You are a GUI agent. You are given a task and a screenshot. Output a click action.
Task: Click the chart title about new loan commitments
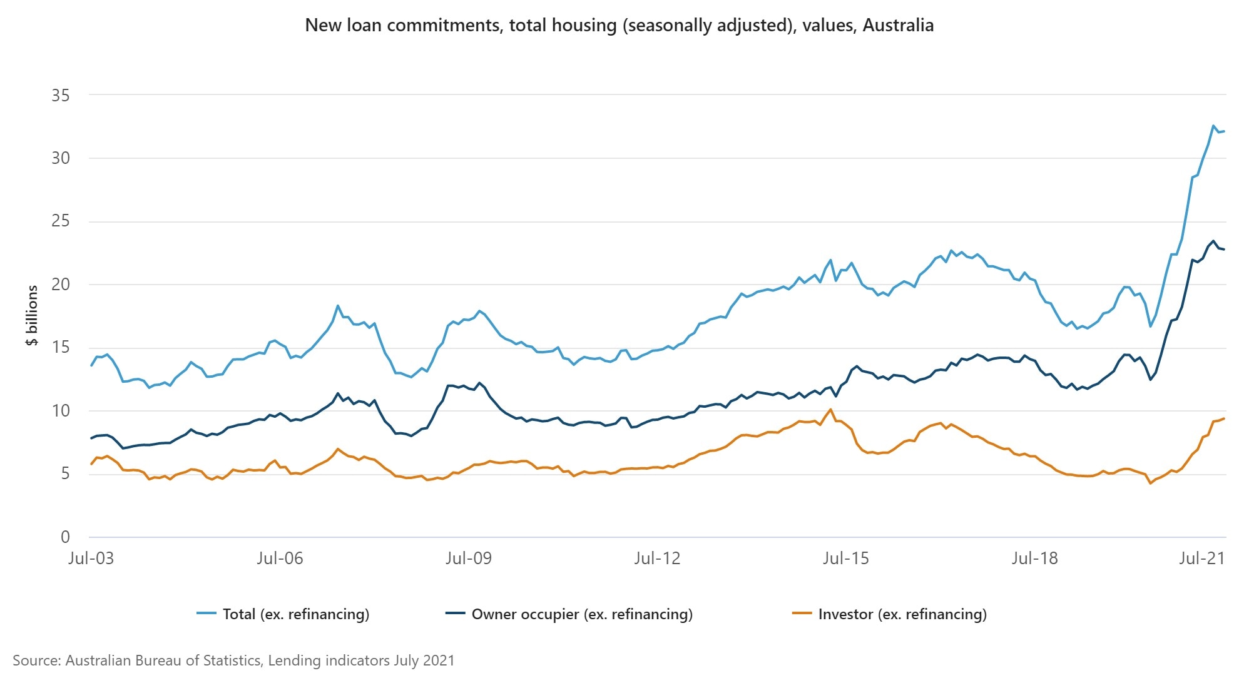[x=619, y=26]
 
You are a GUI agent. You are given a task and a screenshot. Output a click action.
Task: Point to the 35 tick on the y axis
[x=61, y=96]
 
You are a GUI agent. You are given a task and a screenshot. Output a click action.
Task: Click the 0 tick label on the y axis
[x=65, y=537]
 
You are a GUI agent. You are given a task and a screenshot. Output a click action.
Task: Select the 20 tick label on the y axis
[x=61, y=285]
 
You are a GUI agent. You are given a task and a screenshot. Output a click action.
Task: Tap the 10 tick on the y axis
[x=61, y=411]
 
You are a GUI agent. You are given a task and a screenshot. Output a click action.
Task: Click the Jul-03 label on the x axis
[x=91, y=558]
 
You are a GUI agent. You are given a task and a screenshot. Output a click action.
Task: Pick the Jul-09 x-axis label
[x=468, y=558]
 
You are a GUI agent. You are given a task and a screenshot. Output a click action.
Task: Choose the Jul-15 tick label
[x=845, y=558]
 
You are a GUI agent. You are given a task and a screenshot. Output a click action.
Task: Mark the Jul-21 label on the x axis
[x=1201, y=558]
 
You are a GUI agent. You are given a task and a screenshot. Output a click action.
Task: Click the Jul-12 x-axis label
[x=656, y=558]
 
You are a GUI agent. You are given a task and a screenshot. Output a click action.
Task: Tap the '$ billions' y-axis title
[x=32, y=315]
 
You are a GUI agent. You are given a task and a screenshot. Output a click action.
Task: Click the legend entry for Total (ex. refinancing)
[x=295, y=614]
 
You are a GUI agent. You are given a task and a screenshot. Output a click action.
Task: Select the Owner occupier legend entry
[x=581, y=614]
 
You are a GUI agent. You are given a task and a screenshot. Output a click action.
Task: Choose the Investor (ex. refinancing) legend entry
[x=902, y=614]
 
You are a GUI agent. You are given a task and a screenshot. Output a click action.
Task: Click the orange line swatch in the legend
[x=802, y=614]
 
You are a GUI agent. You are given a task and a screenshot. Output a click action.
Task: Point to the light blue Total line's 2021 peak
[x=1213, y=126]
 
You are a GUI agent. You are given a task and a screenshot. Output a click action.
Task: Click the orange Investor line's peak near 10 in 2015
[x=830, y=410]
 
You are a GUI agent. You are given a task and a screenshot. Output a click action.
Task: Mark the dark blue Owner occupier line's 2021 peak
[x=1213, y=241]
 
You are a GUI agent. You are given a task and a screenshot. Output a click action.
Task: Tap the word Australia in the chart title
[x=898, y=26]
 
